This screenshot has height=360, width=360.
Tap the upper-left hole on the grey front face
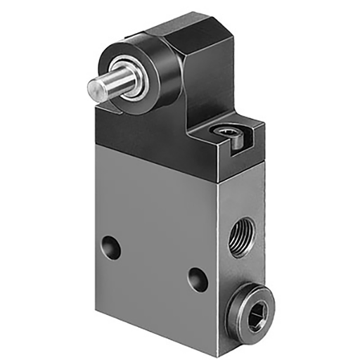coord(109,245)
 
